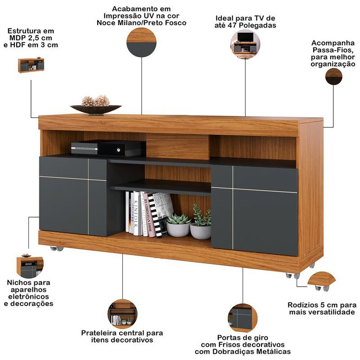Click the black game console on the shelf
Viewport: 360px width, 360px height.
click(108, 148)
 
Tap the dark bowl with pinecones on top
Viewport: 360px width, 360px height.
click(96, 109)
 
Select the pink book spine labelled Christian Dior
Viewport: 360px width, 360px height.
click(148, 215)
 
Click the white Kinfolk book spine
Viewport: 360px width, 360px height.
click(136, 213)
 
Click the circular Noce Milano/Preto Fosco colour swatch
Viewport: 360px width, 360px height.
click(141, 42)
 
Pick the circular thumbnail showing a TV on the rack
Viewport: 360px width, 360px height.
click(245, 44)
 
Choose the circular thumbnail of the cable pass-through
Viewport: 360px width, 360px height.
click(333, 76)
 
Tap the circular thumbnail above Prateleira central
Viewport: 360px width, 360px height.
click(122, 314)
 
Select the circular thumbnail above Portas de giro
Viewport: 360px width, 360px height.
click(243, 318)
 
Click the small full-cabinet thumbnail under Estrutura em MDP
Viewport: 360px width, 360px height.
click(31, 65)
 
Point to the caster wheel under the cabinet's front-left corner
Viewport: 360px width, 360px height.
click(57, 248)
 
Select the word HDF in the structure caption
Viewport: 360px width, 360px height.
click(18, 45)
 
